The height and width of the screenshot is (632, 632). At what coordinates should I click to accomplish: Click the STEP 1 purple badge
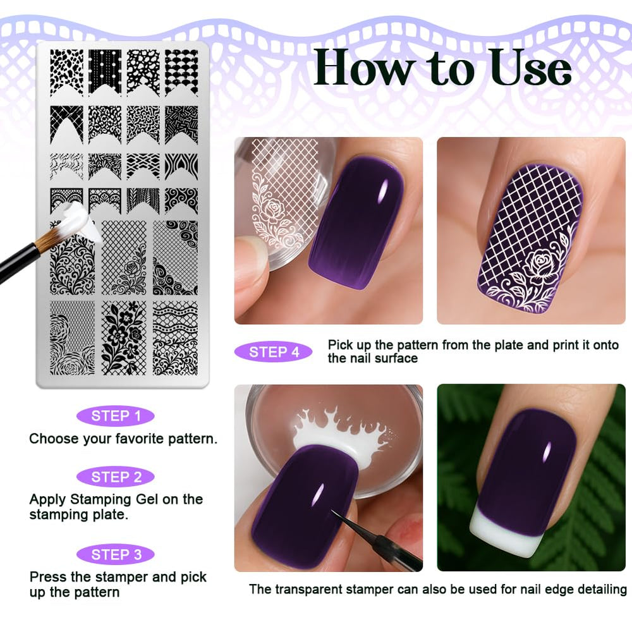[116, 416]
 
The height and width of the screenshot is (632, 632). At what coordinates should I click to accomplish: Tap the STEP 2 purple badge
[116, 477]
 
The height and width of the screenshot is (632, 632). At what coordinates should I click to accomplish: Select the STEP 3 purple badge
[116, 554]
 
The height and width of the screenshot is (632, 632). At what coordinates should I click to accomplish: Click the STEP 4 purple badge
[273, 352]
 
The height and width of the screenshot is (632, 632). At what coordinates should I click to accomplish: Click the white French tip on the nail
[502, 533]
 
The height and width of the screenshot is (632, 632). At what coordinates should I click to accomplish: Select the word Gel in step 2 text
[147, 499]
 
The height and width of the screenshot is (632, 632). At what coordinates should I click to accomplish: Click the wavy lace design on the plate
[175, 337]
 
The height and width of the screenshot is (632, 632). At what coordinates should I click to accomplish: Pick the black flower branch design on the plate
[124, 337]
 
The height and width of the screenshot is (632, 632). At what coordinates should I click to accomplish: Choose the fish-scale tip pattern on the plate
[181, 73]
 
